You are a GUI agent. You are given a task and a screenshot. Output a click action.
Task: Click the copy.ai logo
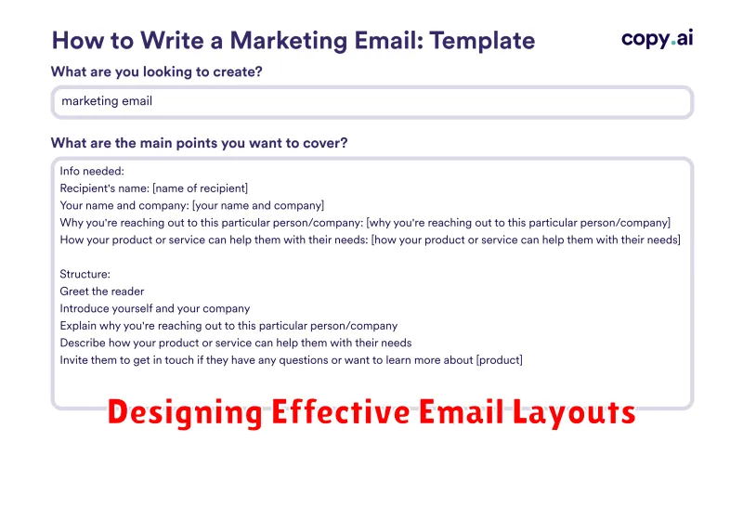click(x=658, y=38)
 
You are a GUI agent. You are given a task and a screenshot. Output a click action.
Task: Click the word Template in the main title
click(x=482, y=41)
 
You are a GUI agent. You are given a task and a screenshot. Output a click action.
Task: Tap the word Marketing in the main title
click(x=289, y=41)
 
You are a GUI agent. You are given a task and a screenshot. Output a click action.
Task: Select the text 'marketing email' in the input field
click(x=107, y=101)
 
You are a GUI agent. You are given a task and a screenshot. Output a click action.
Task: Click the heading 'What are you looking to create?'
click(x=156, y=71)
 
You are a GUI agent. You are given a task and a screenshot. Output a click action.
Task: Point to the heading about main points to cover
click(x=199, y=143)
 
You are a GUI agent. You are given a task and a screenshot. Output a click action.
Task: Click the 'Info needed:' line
click(x=92, y=171)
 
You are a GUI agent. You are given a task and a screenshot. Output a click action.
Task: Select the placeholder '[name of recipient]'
click(x=200, y=188)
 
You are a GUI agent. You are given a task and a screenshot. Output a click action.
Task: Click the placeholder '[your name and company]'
click(x=258, y=205)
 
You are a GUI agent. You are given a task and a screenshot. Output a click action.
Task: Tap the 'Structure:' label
click(x=85, y=274)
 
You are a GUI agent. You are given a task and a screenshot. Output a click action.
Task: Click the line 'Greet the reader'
click(x=102, y=292)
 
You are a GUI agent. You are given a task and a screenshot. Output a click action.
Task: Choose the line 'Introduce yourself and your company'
click(x=155, y=308)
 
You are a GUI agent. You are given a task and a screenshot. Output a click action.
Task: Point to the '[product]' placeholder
click(x=500, y=360)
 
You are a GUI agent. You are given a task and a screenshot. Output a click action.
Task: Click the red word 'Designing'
click(x=185, y=412)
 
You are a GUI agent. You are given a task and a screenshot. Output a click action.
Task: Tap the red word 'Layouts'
click(x=574, y=412)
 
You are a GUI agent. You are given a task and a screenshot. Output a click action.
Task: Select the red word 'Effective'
click(x=340, y=411)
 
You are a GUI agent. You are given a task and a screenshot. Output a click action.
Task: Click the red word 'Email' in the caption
click(x=462, y=411)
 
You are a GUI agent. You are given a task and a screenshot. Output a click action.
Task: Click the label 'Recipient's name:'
click(x=105, y=188)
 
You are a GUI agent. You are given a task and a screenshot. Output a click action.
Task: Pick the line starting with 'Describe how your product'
click(x=236, y=343)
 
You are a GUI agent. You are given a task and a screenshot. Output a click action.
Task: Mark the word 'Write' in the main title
click(x=173, y=41)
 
